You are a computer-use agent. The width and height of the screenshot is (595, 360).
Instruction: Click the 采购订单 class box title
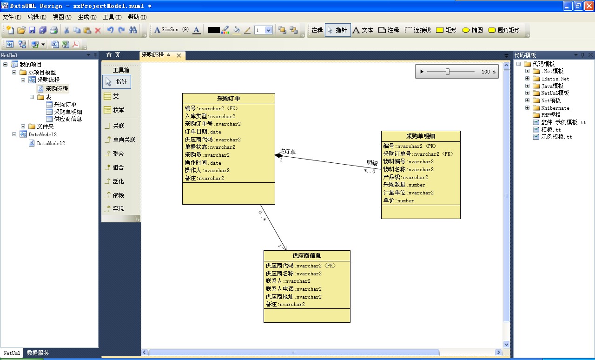click(x=228, y=99)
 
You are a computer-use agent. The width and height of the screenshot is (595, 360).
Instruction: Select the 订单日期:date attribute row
click(x=203, y=132)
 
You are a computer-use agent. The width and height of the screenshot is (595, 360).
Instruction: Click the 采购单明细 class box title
click(x=421, y=136)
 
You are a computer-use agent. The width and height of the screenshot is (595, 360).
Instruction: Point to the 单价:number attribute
click(x=398, y=200)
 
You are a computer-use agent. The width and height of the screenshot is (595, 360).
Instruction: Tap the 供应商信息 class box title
click(x=306, y=256)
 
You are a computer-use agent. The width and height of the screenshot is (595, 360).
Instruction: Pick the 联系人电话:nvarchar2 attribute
click(x=293, y=289)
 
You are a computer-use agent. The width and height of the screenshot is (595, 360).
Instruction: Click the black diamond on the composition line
click(x=279, y=155)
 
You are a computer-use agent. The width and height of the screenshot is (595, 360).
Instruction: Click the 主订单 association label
click(x=287, y=152)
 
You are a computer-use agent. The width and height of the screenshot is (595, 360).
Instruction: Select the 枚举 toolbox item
click(x=114, y=110)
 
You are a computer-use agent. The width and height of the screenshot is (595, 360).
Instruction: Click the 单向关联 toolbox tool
click(x=120, y=140)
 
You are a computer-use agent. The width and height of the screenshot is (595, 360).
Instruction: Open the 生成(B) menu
click(x=87, y=17)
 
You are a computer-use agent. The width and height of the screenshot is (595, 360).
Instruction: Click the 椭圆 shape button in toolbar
click(x=472, y=30)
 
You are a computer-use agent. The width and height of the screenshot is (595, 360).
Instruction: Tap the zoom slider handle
click(x=448, y=72)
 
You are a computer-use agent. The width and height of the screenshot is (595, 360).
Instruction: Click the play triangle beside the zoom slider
click(x=422, y=72)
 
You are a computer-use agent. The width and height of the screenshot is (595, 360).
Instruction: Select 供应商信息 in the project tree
click(x=68, y=119)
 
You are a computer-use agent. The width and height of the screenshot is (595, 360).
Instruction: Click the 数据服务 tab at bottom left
click(x=38, y=353)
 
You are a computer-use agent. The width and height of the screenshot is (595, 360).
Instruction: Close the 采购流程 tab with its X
click(x=179, y=55)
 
